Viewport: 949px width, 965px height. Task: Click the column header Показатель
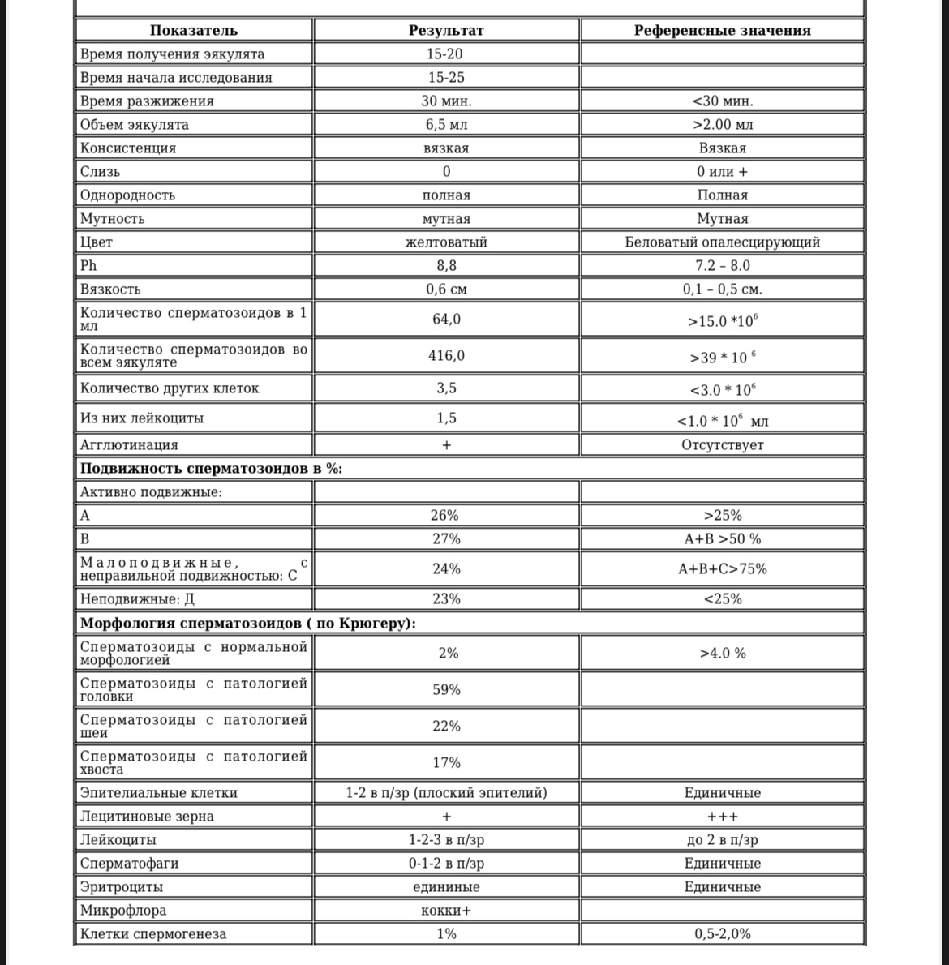click(194, 31)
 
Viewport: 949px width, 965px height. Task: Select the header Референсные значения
click(722, 31)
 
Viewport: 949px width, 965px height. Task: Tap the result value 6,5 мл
click(446, 125)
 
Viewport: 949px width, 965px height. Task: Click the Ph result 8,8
click(446, 266)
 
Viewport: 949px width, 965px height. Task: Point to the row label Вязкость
click(110, 289)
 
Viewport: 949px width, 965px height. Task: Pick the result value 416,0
click(446, 356)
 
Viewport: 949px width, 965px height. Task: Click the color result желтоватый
click(446, 242)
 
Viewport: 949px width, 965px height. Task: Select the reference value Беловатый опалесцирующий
click(722, 242)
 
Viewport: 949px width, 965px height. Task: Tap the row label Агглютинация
click(129, 445)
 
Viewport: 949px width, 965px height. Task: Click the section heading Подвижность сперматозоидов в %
click(211, 469)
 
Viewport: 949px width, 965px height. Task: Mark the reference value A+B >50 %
click(722, 539)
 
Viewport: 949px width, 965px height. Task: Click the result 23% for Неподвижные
click(445, 599)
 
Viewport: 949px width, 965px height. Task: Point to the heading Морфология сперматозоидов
click(248, 624)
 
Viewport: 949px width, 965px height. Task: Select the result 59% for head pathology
click(446, 690)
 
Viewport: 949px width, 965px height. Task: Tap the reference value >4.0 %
click(722, 654)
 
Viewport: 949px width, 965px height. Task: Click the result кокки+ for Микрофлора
click(446, 911)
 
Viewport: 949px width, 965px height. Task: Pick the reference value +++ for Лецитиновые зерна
click(722, 817)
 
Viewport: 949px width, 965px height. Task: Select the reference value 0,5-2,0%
click(722, 934)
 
